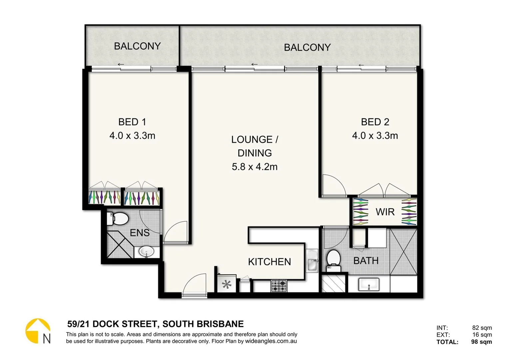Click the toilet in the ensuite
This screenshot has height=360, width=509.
click(x=118, y=219)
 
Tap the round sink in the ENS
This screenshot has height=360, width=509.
click(x=146, y=251)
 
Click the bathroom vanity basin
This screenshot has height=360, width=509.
click(x=369, y=285)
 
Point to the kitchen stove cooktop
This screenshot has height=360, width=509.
click(x=279, y=286)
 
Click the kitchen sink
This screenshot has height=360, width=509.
click(x=312, y=261)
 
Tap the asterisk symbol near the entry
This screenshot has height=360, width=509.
click(x=227, y=284)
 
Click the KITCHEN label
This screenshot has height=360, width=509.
click(x=269, y=262)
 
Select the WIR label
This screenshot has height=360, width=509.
click(x=385, y=212)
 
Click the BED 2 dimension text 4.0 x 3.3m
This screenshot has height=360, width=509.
click(x=375, y=136)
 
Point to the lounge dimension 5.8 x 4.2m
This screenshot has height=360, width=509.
click(x=254, y=167)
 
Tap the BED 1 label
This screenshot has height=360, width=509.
click(x=132, y=122)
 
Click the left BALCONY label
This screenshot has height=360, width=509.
click(x=137, y=46)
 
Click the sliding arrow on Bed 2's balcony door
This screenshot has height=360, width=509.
click(x=361, y=65)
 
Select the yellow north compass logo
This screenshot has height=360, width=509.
click(x=38, y=331)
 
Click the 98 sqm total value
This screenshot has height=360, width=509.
click(x=481, y=342)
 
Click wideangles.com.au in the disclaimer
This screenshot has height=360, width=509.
click(x=271, y=341)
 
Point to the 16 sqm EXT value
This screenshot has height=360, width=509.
click(x=482, y=335)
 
